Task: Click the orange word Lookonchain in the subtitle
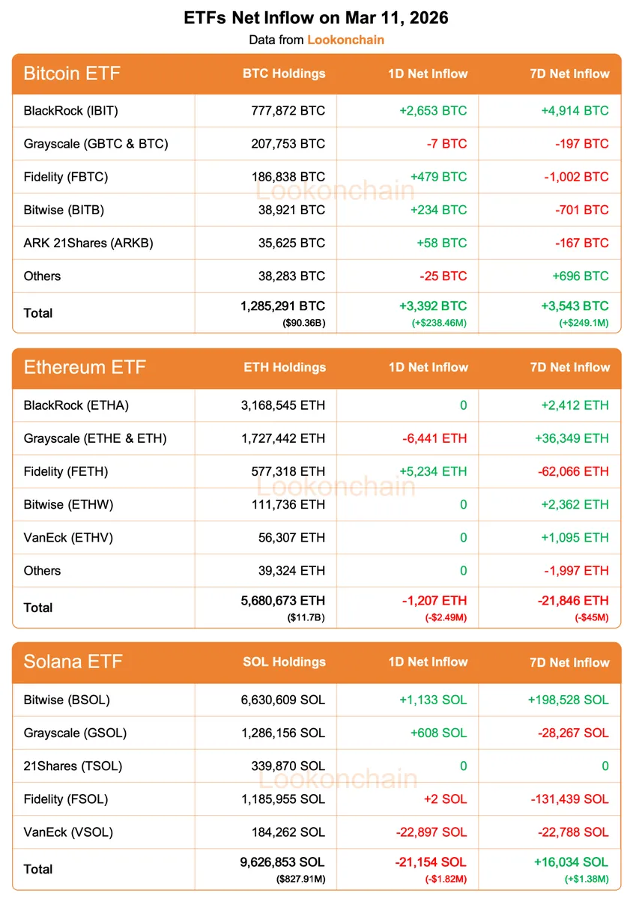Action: pos(345,40)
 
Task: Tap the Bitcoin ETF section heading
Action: pos(72,73)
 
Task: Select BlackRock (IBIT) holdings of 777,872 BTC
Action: pos(288,111)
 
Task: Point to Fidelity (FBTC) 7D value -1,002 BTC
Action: pos(575,177)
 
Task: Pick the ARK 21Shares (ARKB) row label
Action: pos(88,243)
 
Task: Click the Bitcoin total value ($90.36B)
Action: pos(304,323)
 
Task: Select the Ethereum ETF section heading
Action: pos(85,368)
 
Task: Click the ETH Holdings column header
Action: pos(285,368)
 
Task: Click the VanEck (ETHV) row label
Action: pos(68,537)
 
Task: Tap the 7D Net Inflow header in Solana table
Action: pos(569,662)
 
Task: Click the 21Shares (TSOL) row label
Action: pos(73,766)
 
